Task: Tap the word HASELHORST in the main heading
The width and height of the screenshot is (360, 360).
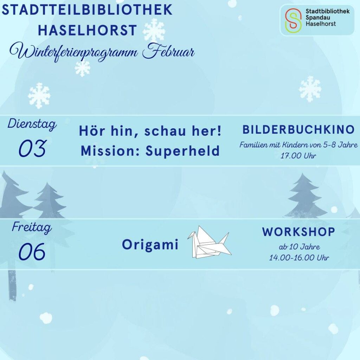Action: (x=88, y=30)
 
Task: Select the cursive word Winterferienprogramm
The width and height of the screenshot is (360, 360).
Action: (x=74, y=53)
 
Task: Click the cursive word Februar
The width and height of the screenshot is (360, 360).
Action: (x=168, y=51)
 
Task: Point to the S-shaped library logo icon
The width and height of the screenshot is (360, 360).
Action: (x=293, y=20)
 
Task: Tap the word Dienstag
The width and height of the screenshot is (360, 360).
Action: (x=32, y=124)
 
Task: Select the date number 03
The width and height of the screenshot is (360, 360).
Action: (x=32, y=148)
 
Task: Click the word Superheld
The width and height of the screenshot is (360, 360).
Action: (x=182, y=151)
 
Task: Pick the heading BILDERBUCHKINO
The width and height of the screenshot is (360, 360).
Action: (x=299, y=130)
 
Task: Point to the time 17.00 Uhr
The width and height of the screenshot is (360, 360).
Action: (x=298, y=156)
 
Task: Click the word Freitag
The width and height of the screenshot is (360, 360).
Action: (x=32, y=227)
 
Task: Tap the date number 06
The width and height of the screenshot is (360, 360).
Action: (x=32, y=252)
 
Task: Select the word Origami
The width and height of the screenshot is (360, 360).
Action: (x=150, y=245)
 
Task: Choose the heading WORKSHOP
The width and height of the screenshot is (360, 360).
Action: (x=299, y=232)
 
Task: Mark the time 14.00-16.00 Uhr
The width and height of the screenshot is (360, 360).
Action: (x=299, y=258)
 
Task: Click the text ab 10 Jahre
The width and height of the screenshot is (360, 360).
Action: (x=299, y=247)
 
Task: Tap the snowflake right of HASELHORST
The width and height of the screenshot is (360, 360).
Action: (x=154, y=31)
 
